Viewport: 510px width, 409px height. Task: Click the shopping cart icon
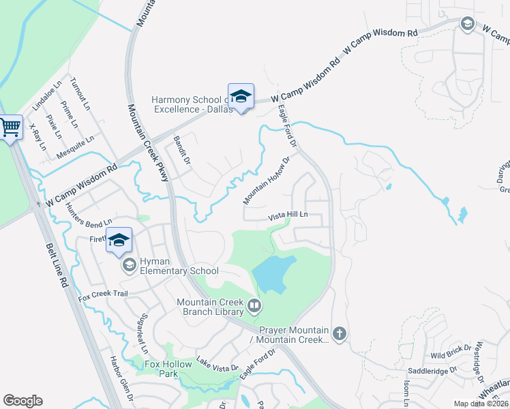10,127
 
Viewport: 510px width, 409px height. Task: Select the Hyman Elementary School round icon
128,265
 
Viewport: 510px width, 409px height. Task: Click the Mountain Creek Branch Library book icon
254,306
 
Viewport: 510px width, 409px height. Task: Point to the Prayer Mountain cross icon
340,334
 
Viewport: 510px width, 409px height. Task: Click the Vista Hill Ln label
288,215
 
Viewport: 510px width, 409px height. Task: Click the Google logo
22,401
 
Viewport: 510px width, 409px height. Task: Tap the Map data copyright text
481,404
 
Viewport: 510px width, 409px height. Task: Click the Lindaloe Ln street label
47,95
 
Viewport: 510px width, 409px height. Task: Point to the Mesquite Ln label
76,145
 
